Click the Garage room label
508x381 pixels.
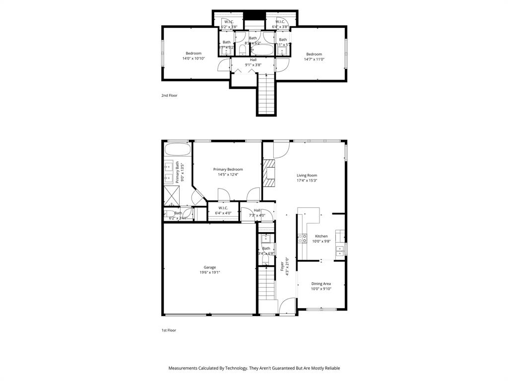(x=209, y=267)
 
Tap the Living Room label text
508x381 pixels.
(x=307, y=175)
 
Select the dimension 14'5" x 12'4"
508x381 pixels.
(x=228, y=175)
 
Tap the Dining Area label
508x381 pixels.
(x=321, y=284)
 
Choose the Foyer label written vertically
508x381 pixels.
(x=282, y=266)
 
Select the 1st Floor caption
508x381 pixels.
(x=169, y=330)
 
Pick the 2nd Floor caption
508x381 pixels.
(x=169, y=95)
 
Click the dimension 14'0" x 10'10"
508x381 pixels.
(x=193, y=59)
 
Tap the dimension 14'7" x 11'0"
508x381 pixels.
(x=314, y=59)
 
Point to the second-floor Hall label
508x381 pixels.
(x=253, y=60)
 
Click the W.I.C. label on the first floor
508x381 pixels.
(x=223, y=208)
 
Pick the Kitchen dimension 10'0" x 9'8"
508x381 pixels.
(x=321, y=241)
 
